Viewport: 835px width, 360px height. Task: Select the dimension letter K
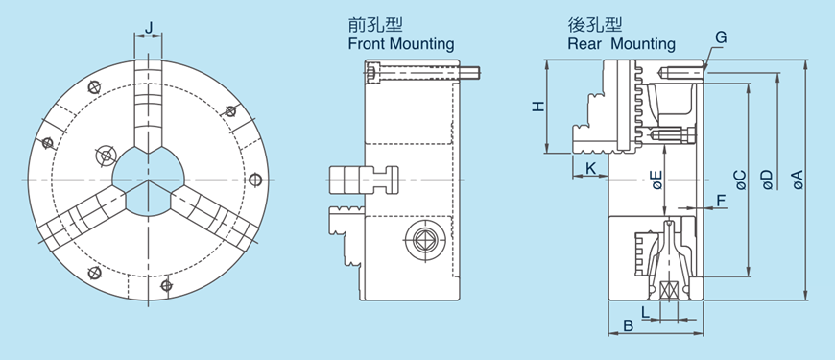point(591,168)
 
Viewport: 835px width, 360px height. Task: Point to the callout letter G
point(721,37)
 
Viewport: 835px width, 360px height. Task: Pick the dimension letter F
point(721,201)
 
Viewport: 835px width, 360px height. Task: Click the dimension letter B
point(628,325)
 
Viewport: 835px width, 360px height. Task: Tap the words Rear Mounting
point(621,44)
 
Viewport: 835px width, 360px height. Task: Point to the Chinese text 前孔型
point(370,26)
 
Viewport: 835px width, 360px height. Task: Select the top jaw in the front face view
point(148,106)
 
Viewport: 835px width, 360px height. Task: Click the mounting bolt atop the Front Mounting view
point(422,73)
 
